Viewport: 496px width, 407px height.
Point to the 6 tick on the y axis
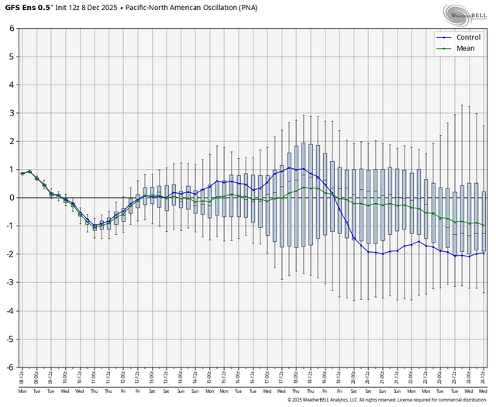(12, 29)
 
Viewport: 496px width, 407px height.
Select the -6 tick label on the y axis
(10, 367)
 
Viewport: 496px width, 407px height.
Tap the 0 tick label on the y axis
(12, 198)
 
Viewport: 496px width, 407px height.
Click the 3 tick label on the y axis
(12, 113)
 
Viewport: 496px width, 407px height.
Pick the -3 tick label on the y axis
(10, 282)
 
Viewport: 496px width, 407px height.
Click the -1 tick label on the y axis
(10, 226)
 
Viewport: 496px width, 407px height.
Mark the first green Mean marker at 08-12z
(22, 173)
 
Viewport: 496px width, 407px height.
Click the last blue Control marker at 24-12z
(484, 253)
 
